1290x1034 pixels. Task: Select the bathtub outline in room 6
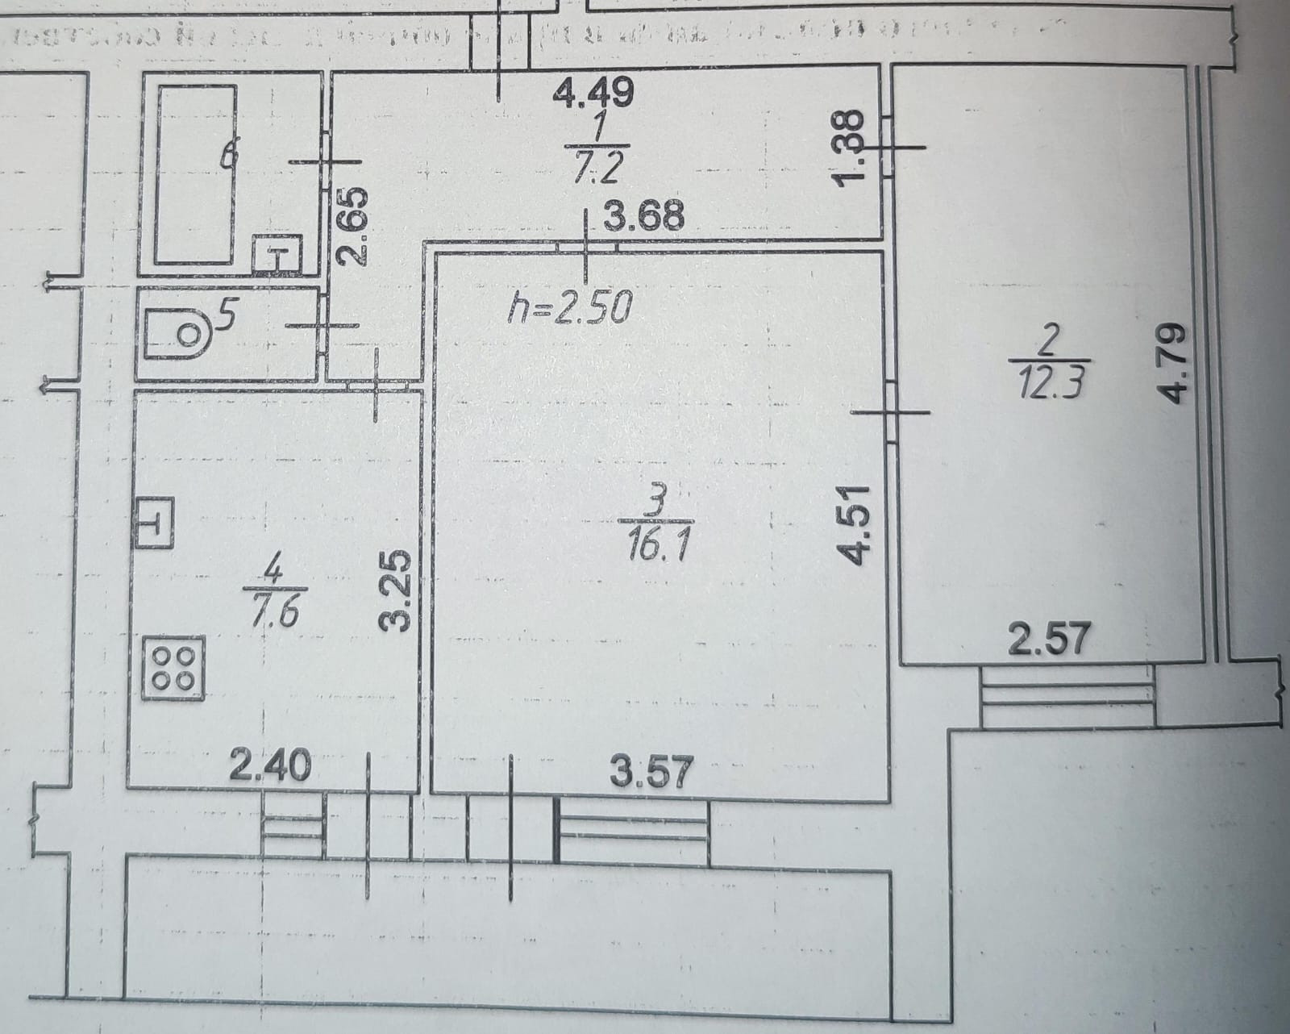[198, 173]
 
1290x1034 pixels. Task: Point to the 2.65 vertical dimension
[356, 227]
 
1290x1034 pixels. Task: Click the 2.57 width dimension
[1051, 642]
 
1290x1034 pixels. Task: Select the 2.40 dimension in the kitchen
[270, 765]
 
